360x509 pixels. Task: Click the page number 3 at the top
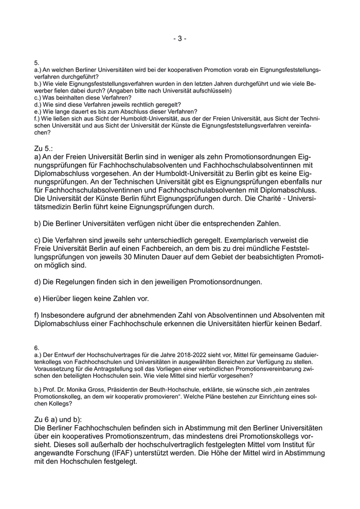click(x=180, y=39)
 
